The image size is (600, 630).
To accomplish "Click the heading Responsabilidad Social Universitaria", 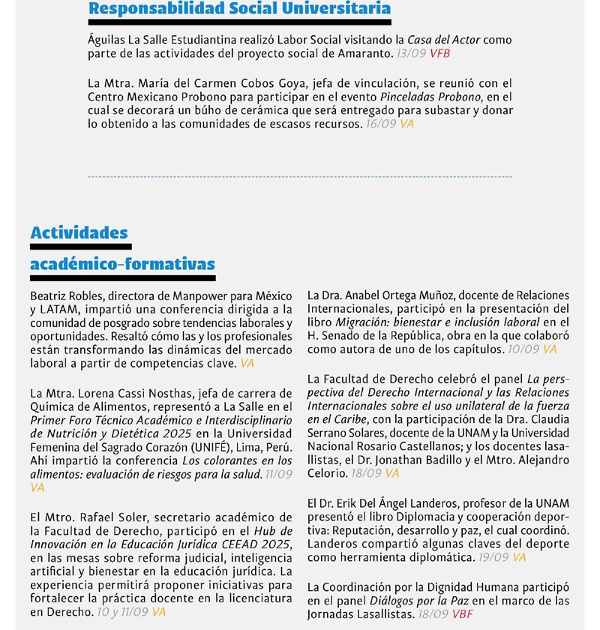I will pyautogui.click(x=239, y=9).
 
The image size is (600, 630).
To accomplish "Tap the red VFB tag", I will pyautogui.click(x=439, y=53).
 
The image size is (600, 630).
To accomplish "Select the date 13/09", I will pyautogui.click(x=412, y=53).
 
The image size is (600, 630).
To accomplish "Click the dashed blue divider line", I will pyautogui.click(x=300, y=177).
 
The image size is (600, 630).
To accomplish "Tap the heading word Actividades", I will pyautogui.click(x=79, y=232).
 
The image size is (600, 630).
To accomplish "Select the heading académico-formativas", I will pyautogui.click(x=122, y=264).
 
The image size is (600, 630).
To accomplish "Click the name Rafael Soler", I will pyautogui.click(x=106, y=517).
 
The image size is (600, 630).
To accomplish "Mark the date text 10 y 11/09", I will pyautogui.click(x=123, y=611).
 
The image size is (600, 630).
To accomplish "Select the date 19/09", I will pyautogui.click(x=494, y=557).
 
